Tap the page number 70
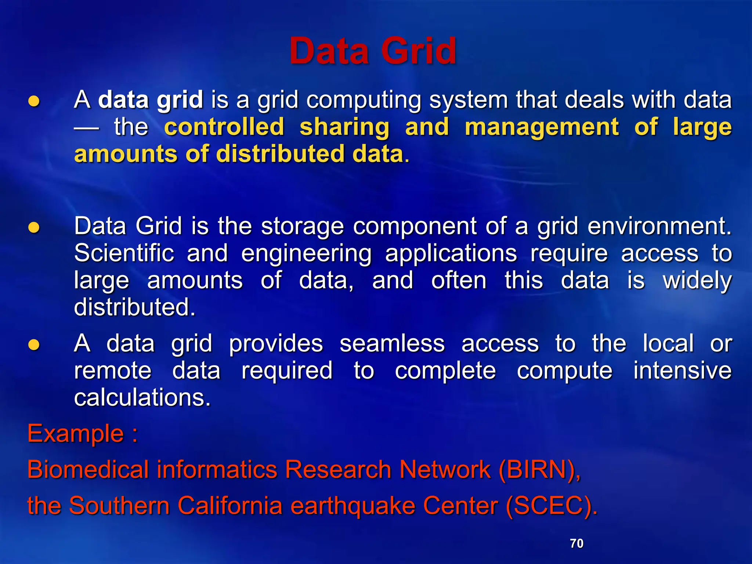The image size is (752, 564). [x=576, y=543]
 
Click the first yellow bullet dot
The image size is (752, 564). [x=34, y=101]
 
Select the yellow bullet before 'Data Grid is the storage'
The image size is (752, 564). [x=34, y=227]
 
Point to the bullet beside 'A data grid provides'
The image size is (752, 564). [x=34, y=345]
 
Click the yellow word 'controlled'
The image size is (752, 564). [x=224, y=127]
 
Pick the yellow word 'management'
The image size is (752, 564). [x=542, y=127]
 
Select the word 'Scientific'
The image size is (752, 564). [x=124, y=253]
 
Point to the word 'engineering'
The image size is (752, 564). [x=306, y=254]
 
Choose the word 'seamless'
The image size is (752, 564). [x=392, y=344]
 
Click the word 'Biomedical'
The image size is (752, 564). [x=88, y=469]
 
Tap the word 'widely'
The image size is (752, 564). [x=697, y=281]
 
